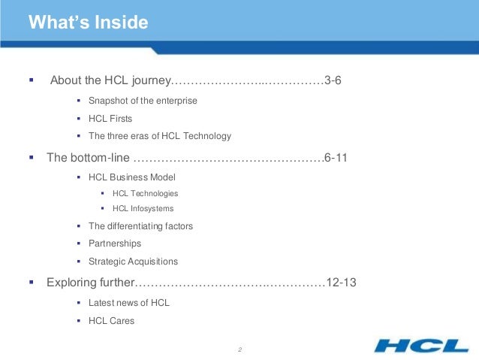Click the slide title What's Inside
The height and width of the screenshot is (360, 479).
(88, 23)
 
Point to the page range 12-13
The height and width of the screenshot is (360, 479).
(339, 283)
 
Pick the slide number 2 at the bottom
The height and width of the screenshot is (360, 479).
(239, 349)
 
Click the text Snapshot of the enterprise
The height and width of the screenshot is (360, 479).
(142, 101)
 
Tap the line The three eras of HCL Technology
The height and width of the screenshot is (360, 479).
(159, 137)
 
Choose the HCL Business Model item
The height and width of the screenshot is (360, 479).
(131, 177)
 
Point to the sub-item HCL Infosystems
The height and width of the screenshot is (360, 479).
(143, 208)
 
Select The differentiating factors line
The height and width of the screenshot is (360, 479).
(140, 225)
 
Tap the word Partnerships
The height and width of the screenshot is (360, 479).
(114, 244)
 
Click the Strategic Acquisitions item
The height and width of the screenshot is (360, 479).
(133, 262)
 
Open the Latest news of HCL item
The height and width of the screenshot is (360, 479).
(128, 303)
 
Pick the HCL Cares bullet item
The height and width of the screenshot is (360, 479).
(111, 321)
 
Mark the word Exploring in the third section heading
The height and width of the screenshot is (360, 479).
(71, 283)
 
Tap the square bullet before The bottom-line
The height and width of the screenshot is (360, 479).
(32, 158)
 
